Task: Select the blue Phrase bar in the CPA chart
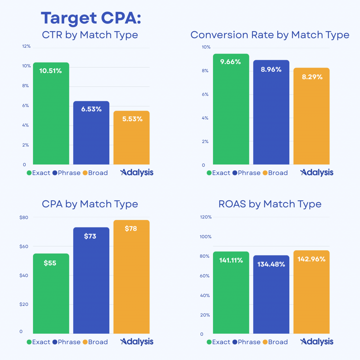pos(91,281)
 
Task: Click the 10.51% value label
pos(51,71)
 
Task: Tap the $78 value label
pos(131,229)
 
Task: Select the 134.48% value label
pos(271,264)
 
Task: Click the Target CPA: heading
pos(91,18)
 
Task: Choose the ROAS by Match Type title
pos(270,204)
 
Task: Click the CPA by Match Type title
pos(90,204)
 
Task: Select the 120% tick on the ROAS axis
pos(206,217)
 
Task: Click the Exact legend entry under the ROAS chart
pos(218,342)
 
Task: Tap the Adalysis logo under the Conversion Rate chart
pos(317,172)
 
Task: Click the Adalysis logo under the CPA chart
pos(137,341)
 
